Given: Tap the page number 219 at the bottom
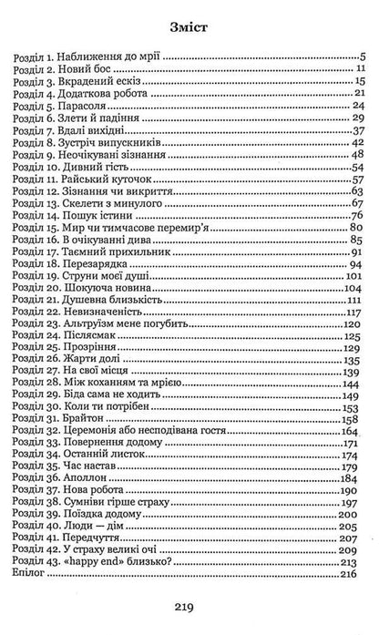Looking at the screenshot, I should pyautogui.click(x=189, y=605).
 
